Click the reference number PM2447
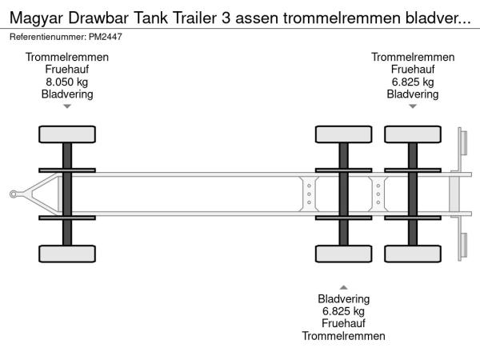coord(106,37)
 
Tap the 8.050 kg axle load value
coord(66,82)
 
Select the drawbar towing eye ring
coord(14,194)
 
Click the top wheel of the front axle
coord(67,134)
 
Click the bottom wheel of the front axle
coord(67,254)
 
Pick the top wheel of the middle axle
coord(343,134)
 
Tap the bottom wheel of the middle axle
coord(343,254)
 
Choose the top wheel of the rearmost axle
coord(413,134)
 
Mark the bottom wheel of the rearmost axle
coord(413,254)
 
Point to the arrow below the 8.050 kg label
coord(67,106)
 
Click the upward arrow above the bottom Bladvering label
coord(343,287)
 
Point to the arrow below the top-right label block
coord(413,106)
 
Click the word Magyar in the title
coord(37,18)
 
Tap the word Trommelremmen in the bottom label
coord(343,336)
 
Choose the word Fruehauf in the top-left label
coord(66,69)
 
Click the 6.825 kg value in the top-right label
coord(413,82)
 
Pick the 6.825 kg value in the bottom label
coord(343,311)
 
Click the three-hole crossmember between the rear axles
coord(378,194)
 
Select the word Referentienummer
coord(48,37)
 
